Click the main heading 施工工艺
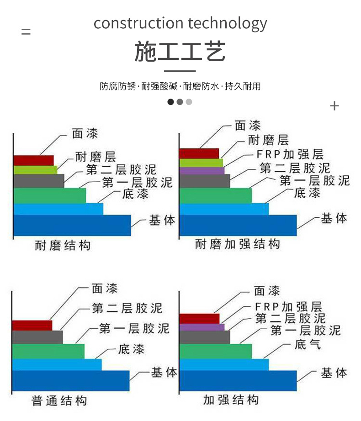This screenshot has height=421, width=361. coord(180,51)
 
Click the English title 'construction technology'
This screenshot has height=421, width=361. coord(180,23)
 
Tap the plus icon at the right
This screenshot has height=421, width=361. coord(334,106)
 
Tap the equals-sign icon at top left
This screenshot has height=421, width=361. coord(26,32)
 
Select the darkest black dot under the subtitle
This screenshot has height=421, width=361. coord(170,102)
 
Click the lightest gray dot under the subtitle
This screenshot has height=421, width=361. coord(189,102)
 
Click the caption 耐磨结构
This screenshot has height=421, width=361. coord(63,245)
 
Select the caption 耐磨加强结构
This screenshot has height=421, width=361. coord(238,244)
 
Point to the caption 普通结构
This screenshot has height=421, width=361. coord(59,401)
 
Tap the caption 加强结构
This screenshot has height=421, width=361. coord(231,400)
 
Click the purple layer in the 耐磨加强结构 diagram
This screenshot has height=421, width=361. coord(202,171)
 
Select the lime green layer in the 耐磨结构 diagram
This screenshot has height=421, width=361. coord(35,170)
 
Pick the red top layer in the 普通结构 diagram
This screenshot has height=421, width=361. coord(32,326)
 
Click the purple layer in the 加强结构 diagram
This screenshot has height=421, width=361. coord(202,327)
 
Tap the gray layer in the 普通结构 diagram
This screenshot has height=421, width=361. coord(37,337)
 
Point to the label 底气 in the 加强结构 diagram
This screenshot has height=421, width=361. coord(308,345)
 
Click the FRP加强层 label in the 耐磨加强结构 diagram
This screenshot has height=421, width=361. coord(290,154)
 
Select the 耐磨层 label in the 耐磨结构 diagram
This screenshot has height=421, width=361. coord(96,157)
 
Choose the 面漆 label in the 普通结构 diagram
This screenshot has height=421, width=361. coord(105,289)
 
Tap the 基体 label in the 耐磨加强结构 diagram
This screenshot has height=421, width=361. coord(334,219)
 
